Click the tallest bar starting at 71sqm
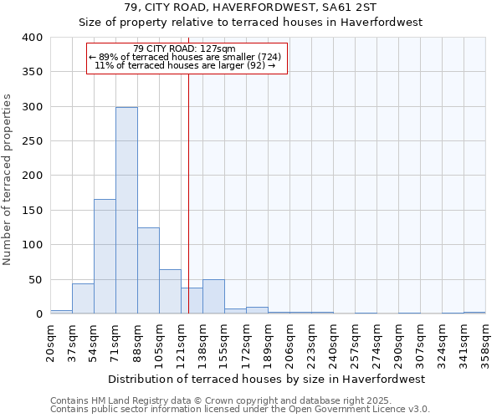(126, 211)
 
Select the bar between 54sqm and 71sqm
(105, 257)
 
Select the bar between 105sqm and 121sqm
(170, 292)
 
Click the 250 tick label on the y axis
(32, 141)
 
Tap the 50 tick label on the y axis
(35, 279)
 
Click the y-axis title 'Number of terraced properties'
(8, 180)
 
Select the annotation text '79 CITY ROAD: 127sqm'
(188, 48)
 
